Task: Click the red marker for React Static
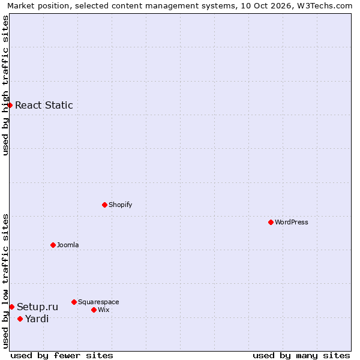10,106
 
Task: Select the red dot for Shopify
104,205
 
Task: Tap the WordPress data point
271,222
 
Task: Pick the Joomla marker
53,245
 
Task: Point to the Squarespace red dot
74,302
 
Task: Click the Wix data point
94,310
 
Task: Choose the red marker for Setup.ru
12,307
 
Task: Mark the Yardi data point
20,319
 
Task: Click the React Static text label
44,106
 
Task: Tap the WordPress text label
292,222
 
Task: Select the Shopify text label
121,205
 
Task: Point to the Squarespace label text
98,302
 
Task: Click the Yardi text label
37,319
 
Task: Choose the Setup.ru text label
37,307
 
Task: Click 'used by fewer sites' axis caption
62,356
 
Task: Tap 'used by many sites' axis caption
301,356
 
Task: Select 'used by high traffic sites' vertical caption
5,85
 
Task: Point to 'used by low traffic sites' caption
5,282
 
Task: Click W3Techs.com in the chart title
325,6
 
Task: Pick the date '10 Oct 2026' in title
266,6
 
